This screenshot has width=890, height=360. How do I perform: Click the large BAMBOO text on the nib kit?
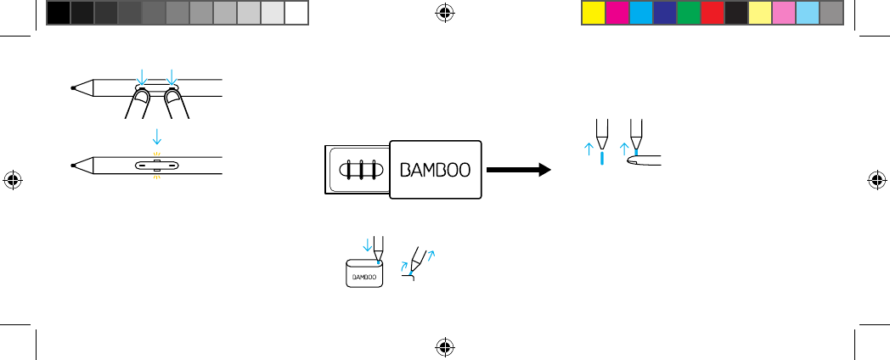[x=435, y=168]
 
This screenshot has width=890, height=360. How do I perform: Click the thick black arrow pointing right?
[x=518, y=170]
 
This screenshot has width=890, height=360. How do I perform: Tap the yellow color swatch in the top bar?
[x=593, y=12]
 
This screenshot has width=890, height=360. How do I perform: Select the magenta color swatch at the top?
[x=617, y=12]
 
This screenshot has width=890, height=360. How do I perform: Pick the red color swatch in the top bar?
[x=713, y=12]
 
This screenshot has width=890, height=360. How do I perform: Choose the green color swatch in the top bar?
[x=689, y=12]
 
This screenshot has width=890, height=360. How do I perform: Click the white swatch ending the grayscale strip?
[x=296, y=12]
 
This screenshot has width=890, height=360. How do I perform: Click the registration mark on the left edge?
[x=13, y=180]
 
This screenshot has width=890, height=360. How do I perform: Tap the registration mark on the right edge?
[x=877, y=180]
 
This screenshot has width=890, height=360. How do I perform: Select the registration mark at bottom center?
[x=445, y=346]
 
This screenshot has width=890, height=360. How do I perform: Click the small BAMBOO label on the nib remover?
[x=363, y=276]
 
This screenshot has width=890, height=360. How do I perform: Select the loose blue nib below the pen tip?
[x=601, y=158]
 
